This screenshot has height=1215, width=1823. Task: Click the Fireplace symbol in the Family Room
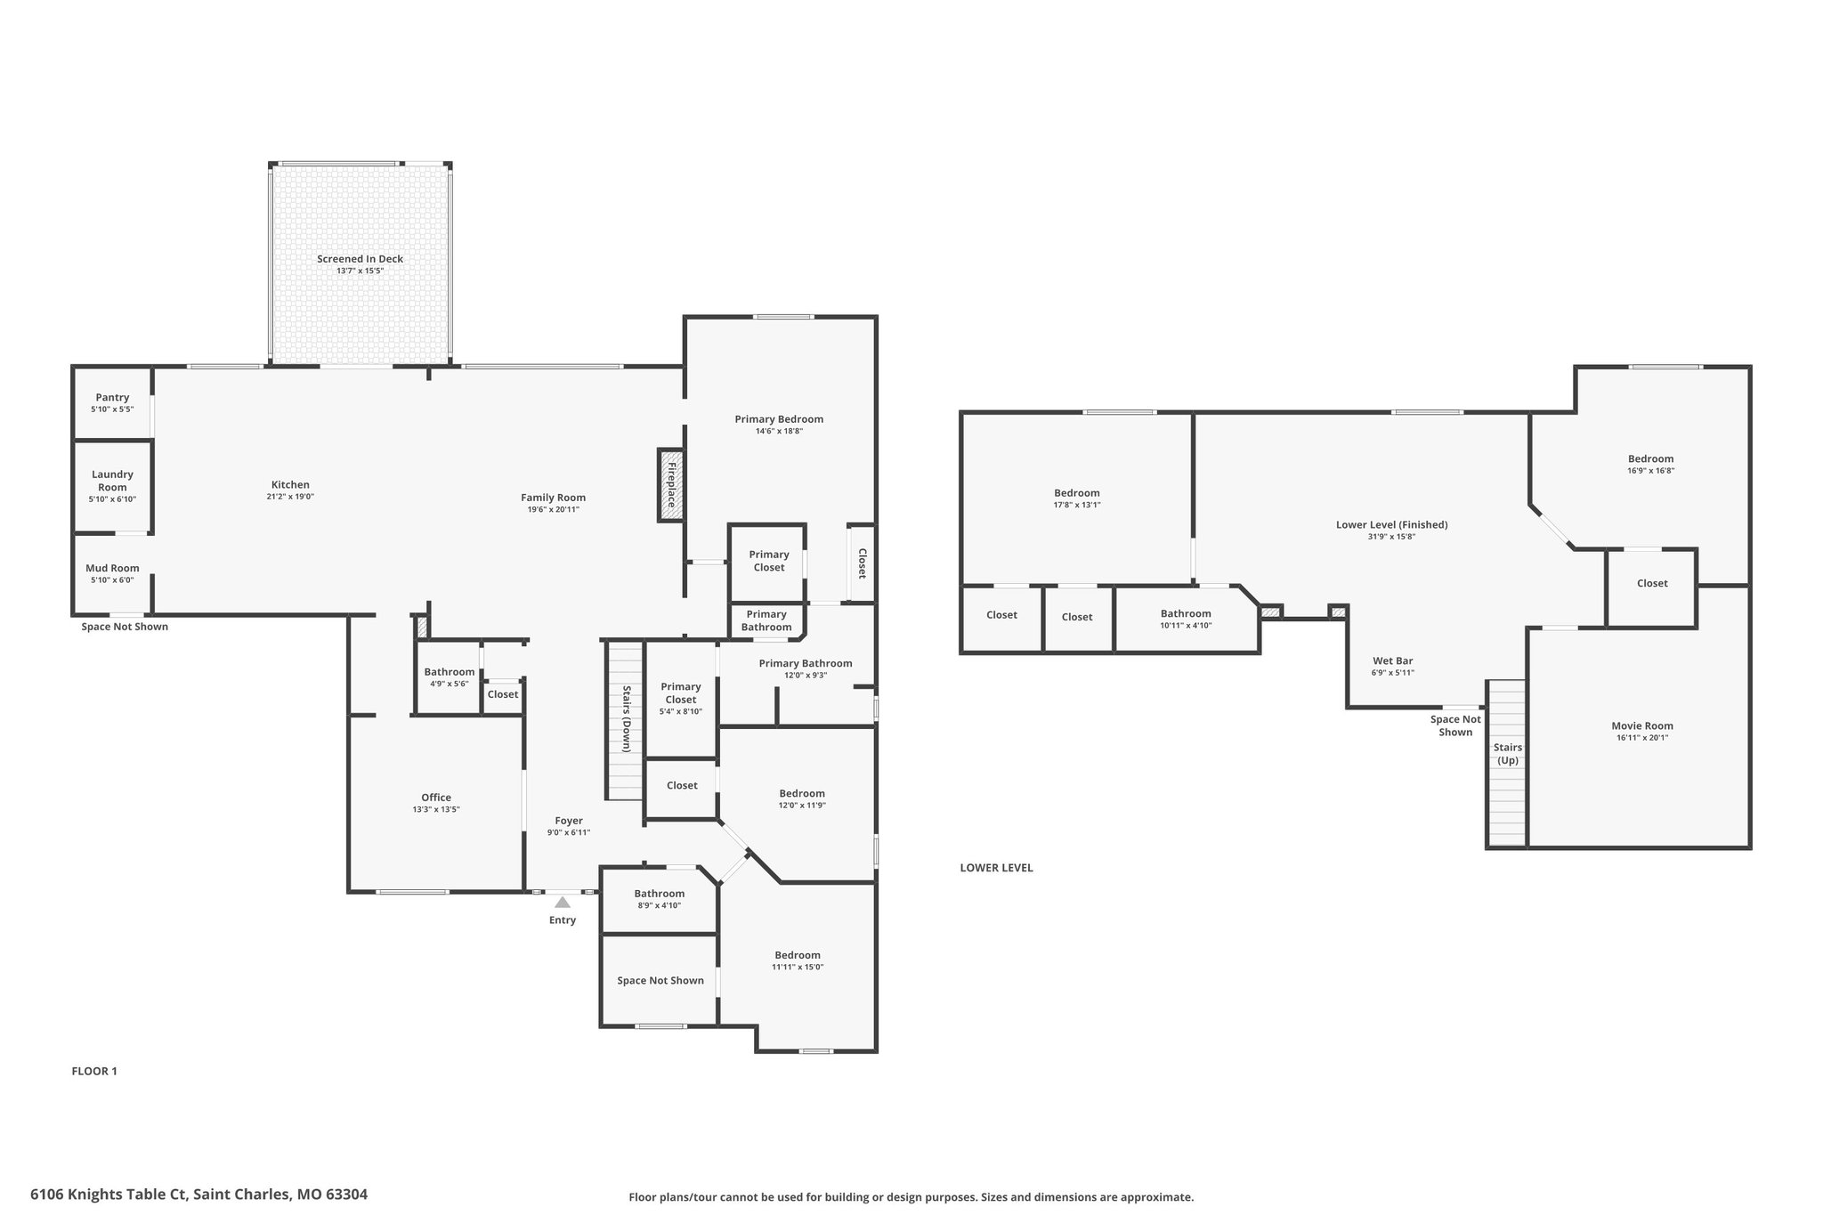[x=670, y=484]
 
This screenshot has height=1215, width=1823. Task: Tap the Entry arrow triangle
[x=563, y=902]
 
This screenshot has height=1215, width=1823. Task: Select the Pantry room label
[x=112, y=397]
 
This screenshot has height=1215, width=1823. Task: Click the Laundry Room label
[x=113, y=481]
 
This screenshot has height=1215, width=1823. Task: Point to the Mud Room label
[x=112, y=568]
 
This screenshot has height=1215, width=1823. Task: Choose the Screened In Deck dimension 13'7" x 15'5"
[x=360, y=271]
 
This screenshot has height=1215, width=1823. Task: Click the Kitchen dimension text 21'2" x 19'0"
[x=290, y=497]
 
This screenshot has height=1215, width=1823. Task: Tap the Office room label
[x=436, y=798]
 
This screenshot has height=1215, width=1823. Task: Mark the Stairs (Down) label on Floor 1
[x=627, y=718]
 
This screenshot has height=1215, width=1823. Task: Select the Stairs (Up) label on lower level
[x=1508, y=754]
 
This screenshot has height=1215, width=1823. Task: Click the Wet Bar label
[x=1393, y=660]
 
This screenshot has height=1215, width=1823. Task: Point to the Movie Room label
[x=1642, y=725]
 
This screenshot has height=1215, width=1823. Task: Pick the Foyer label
[x=569, y=821]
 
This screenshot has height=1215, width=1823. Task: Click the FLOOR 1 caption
[x=94, y=1071]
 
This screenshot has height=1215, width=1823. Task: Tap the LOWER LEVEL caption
[x=996, y=868]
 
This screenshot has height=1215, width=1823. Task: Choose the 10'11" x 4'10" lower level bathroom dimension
[x=1186, y=625]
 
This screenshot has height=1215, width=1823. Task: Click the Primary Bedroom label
[x=779, y=419]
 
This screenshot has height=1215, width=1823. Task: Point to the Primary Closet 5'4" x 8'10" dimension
[x=681, y=711]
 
